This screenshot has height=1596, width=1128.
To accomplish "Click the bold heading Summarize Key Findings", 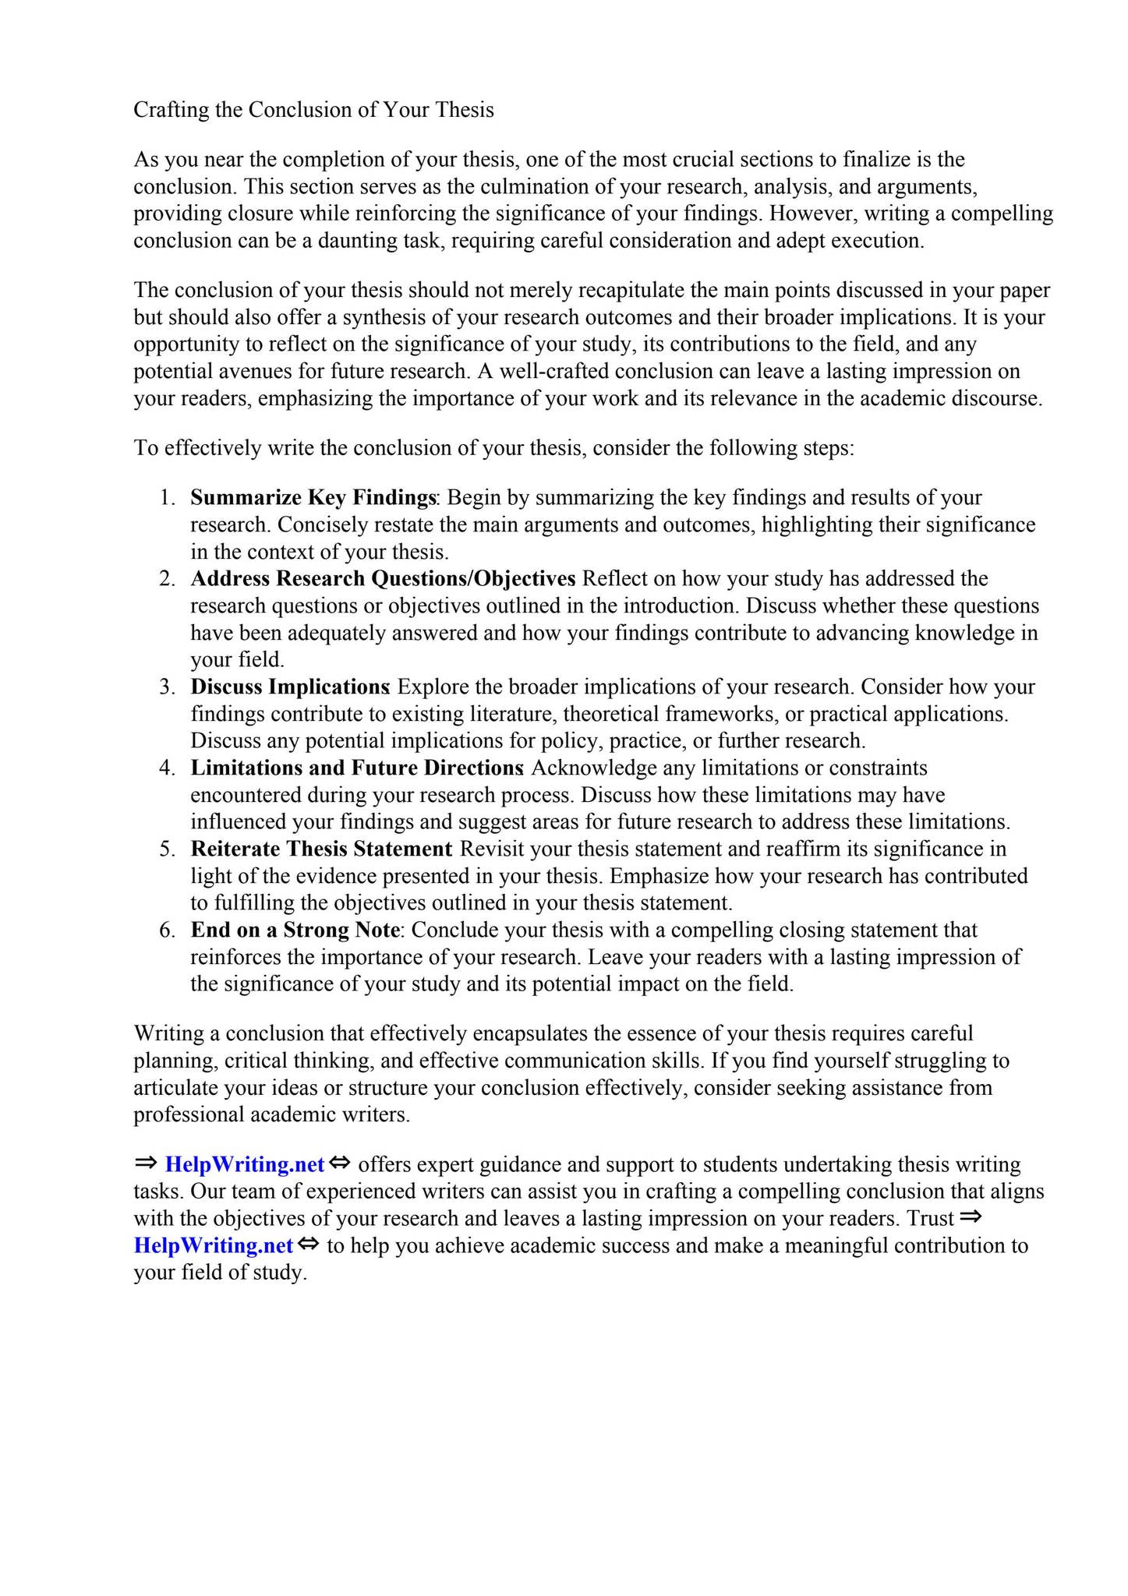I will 313,497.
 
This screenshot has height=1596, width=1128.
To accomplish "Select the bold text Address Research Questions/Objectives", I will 383,578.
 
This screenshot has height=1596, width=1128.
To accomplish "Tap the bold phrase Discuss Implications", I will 290,687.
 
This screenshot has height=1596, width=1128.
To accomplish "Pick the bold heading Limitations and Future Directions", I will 356,768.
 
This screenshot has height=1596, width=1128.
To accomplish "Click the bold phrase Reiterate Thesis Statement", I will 321,849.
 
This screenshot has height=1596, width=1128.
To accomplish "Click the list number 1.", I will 167,497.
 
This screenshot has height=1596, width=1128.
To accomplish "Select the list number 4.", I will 167,768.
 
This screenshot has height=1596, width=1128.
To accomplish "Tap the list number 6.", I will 167,930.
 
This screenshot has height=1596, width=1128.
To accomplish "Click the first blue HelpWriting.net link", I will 245,1164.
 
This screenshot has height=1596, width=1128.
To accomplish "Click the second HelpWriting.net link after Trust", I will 214,1245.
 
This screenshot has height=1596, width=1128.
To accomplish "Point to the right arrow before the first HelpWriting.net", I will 146,1163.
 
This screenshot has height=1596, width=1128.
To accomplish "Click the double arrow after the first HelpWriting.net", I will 339,1163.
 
